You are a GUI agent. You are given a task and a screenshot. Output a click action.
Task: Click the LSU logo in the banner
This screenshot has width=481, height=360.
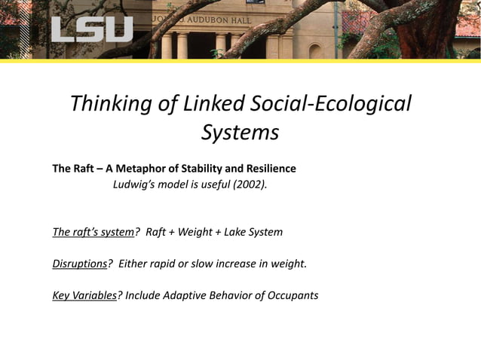point(92,29)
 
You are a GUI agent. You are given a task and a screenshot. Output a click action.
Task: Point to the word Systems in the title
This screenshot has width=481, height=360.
point(240,133)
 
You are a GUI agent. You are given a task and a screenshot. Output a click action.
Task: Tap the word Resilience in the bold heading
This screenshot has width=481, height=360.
point(268,168)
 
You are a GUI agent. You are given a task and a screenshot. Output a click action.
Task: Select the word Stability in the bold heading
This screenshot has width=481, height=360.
point(200,168)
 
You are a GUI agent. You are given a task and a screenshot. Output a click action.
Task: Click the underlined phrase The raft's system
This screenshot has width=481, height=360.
point(93,231)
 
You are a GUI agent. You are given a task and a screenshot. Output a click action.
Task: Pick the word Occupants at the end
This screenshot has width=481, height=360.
point(293,294)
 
